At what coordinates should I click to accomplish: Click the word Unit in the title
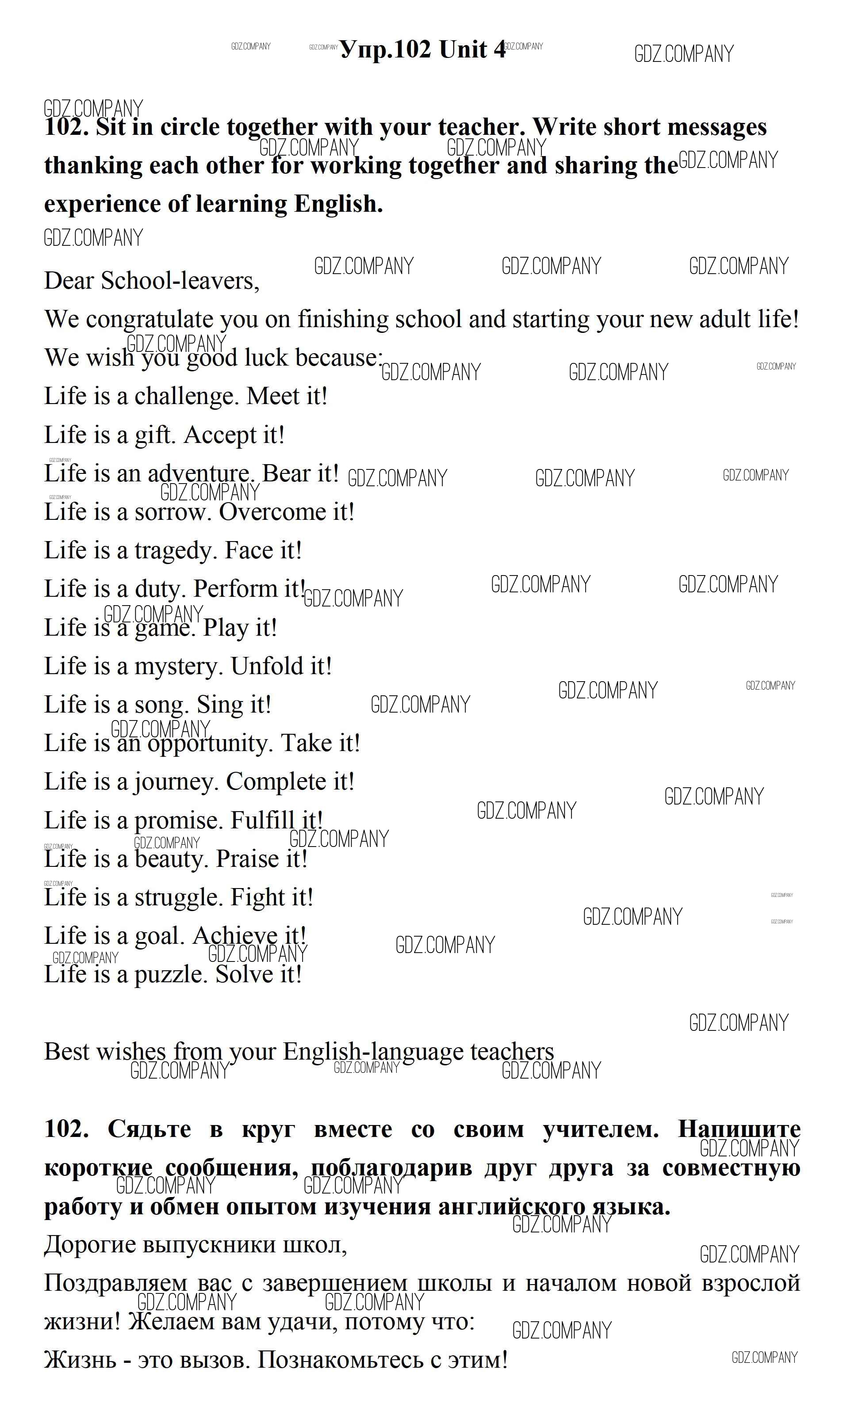463,50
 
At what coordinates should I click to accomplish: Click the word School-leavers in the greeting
180,281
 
